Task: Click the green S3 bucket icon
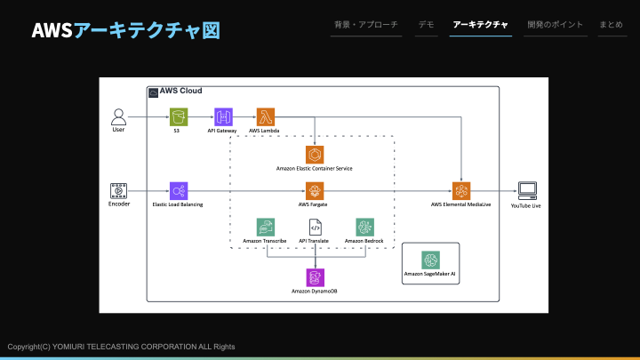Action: click(179, 116)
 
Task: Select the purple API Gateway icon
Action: click(223, 116)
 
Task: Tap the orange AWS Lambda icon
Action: click(265, 116)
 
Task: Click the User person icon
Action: click(118, 116)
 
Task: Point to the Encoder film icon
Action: click(118, 191)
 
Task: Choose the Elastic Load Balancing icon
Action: click(179, 191)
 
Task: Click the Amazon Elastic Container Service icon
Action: click(315, 155)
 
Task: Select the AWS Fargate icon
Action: click(315, 191)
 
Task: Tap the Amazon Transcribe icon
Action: click(265, 228)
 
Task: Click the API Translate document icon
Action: click(315, 228)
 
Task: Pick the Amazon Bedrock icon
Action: click(365, 228)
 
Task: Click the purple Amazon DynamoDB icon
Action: click(315, 277)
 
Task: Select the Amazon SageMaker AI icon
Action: click(430, 260)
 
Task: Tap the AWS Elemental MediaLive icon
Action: click(461, 191)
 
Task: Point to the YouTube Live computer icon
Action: click(527, 190)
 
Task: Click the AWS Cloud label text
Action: click(180, 91)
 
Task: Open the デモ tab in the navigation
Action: click(426, 25)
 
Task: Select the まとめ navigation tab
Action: click(611, 25)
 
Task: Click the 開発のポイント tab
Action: click(555, 25)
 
